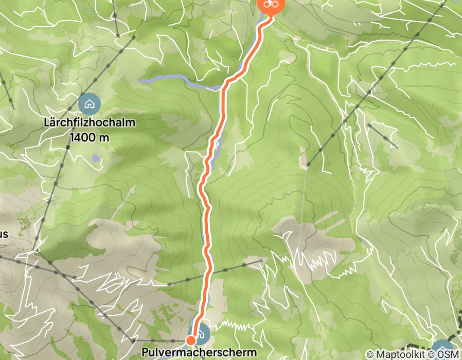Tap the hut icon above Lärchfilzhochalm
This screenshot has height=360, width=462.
[x=89, y=104]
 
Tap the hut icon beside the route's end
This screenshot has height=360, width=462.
[x=201, y=334]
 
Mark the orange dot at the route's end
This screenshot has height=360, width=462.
[x=190, y=340]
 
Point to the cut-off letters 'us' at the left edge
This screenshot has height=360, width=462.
[x=4, y=235]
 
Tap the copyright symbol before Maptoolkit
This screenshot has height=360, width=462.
[x=370, y=354]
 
